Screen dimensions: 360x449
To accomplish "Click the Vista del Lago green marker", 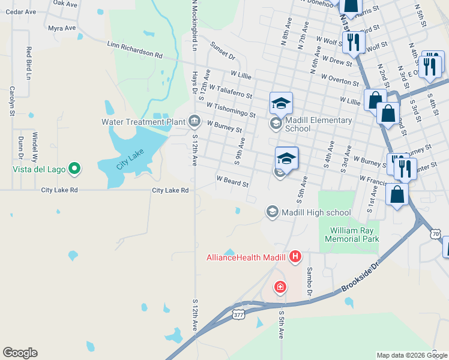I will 74,169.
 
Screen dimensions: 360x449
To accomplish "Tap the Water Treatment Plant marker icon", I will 194,122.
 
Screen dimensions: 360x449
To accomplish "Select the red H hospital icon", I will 295,257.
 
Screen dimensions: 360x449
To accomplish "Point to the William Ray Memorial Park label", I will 352,235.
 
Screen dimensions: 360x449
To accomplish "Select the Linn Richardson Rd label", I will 134,49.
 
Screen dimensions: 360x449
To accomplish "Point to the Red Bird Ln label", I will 28,62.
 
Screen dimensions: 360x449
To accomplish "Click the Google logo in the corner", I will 20,353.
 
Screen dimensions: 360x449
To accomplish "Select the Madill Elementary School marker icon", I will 276,124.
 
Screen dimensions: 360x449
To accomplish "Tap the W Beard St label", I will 232,181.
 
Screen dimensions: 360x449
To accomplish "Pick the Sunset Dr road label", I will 222,50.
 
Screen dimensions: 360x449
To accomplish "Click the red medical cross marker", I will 280,288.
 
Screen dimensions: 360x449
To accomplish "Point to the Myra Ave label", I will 62,28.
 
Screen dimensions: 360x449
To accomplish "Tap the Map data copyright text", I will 412,355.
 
